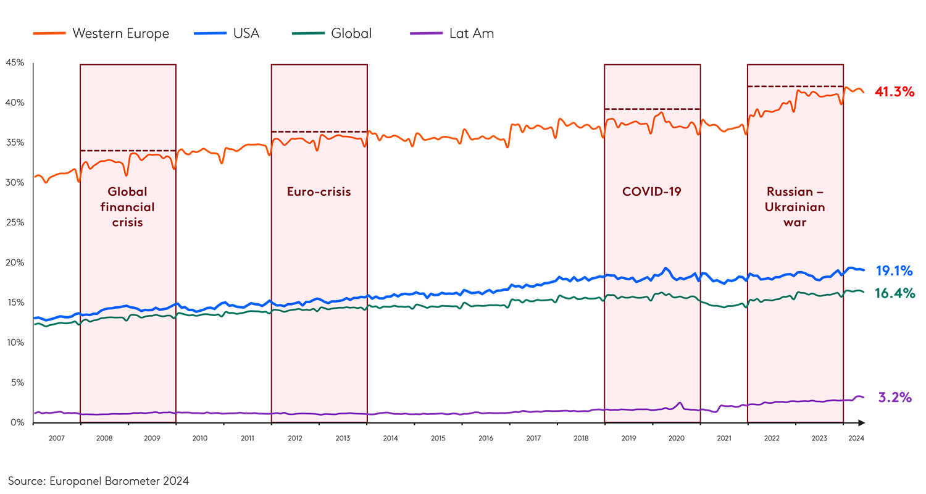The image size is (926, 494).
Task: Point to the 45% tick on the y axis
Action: click(15, 63)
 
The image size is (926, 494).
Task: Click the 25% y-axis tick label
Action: click(15, 223)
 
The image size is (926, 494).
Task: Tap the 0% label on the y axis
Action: click(17, 423)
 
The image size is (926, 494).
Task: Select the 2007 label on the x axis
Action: click(56, 438)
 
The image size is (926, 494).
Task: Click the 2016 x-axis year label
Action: click(486, 438)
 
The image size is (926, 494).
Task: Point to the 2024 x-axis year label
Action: click(856, 438)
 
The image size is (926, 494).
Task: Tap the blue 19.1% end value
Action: click(894, 271)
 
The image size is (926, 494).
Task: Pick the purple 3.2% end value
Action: click(895, 397)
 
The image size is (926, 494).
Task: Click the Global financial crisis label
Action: click(128, 207)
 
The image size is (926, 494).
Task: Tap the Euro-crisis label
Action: click(319, 192)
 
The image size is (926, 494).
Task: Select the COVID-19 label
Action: click(651, 191)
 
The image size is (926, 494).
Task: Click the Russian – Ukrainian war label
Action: click(795, 207)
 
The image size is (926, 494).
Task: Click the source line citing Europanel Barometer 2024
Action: click(99, 480)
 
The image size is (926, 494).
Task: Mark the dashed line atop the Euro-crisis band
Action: click(319, 132)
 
